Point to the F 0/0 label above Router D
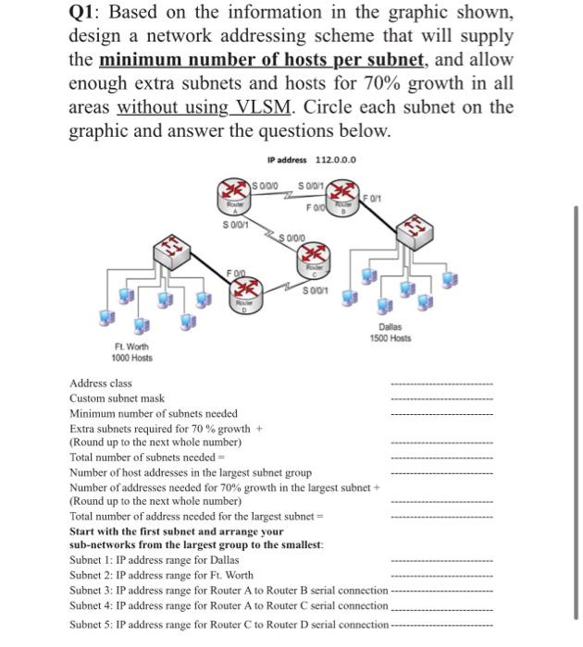pyautogui.click(x=237, y=272)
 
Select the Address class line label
pyautogui.click(x=101, y=383)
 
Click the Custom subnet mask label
pyautogui.click(x=117, y=397)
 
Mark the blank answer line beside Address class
pyautogui.click(x=441, y=384)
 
